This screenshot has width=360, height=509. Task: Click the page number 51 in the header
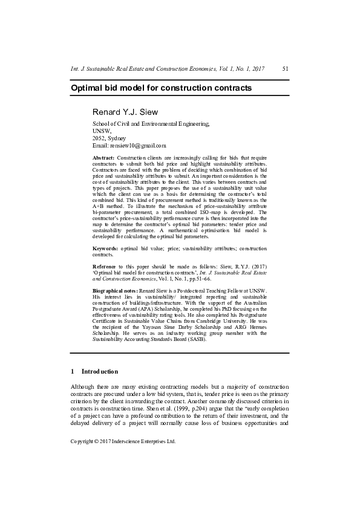(286, 70)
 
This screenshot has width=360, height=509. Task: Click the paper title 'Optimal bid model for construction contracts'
(161, 88)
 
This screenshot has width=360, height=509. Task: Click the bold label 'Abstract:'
(103, 158)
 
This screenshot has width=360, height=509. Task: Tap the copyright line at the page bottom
(123, 441)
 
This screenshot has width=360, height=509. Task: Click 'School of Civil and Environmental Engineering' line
(151, 123)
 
